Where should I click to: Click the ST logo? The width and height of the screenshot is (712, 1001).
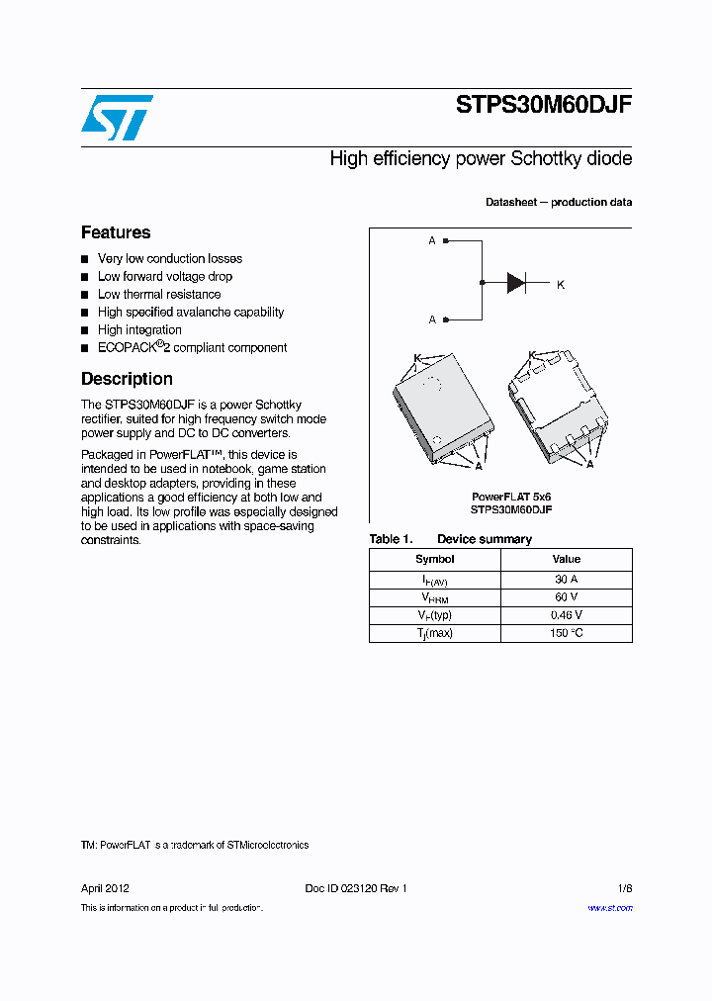tap(117, 118)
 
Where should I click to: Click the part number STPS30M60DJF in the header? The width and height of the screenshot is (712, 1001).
tap(543, 106)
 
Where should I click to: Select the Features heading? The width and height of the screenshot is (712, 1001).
tap(116, 232)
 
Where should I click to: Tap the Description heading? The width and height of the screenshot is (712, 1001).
tap(127, 379)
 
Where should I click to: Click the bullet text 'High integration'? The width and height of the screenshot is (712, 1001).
tap(139, 329)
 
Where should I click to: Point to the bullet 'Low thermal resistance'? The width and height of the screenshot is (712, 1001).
tap(159, 294)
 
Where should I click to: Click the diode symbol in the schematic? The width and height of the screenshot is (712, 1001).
tap(516, 283)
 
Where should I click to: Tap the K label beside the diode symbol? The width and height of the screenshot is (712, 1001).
tap(561, 285)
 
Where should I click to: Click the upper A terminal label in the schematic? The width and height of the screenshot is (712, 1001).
tap(432, 240)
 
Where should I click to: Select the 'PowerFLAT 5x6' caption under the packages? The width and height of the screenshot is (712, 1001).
tap(511, 496)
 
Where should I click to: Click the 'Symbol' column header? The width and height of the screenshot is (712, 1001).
tap(435, 559)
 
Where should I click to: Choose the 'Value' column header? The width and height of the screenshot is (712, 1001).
tap(567, 559)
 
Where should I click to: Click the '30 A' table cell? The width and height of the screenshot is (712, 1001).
tap(567, 580)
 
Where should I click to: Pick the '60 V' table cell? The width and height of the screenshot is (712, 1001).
tap(567, 597)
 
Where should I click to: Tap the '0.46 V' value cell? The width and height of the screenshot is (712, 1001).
tap(567, 615)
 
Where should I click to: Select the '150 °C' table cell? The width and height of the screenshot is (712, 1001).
tap(567, 633)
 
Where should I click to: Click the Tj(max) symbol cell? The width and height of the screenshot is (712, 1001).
tap(435, 633)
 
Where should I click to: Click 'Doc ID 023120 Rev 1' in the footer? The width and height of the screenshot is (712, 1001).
tap(356, 888)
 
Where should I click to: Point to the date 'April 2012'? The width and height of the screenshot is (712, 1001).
tap(105, 888)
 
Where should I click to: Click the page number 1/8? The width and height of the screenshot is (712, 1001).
tap(624, 888)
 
